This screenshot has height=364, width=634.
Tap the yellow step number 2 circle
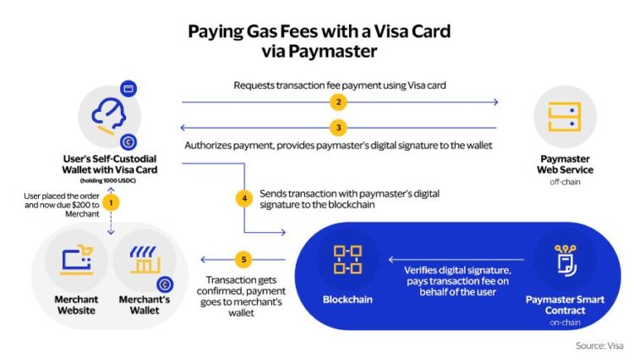pyautogui.click(x=339, y=103)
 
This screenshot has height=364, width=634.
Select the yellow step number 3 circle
pyautogui.click(x=339, y=128)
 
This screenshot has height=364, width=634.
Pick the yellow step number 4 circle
pyautogui.click(x=243, y=199)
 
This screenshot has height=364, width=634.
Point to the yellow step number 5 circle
pyautogui.click(x=243, y=260)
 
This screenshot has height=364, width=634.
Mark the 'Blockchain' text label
pyautogui.click(x=347, y=299)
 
